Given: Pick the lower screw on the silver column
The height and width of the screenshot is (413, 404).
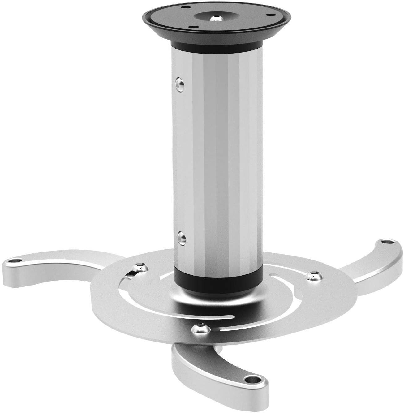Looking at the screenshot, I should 181,238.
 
